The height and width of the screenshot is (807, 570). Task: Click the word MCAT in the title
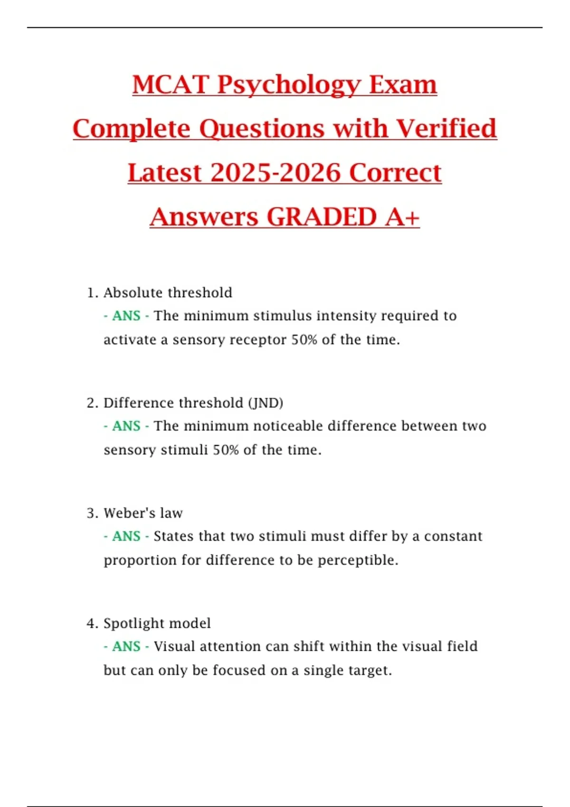pyautogui.click(x=171, y=85)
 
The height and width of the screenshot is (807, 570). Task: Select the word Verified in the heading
pyautogui.click(x=446, y=129)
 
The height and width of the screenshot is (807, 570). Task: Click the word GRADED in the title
pyautogui.click(x=322, y=217)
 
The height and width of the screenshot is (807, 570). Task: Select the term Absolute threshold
pyautogui.click(x=168, y=292)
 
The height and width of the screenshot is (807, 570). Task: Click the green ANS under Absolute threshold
pyautogui.click(x=126, y=316)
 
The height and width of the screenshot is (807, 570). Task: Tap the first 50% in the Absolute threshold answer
pyautogui.click(x=304, y=340)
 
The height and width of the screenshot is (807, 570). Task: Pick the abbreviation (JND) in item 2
pyautogui.click(x=266, y=403)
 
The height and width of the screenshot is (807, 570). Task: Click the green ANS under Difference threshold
pyautogui.click(x=126, y=426)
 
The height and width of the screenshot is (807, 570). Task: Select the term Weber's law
pyautogui.click(x=143, y=513)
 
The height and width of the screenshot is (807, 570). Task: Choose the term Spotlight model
pyautogui.click(x=157, y=623)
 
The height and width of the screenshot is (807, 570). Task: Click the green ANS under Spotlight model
pyautogui.click(x=126, y=647)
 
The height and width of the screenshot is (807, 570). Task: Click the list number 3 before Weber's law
pyautogui.click(x=91, y=513)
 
